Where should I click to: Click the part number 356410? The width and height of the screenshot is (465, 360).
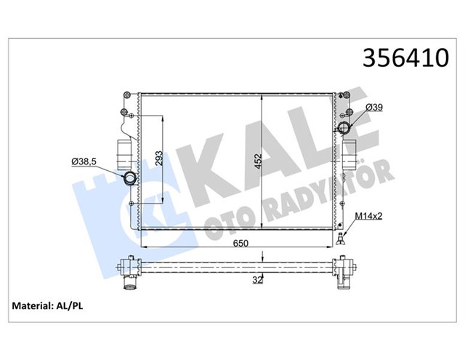click(x=401, y=57)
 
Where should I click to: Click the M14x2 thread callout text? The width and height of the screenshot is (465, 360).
click(x=371, y=217)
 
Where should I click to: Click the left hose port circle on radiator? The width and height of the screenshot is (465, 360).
click(x=129, y=179)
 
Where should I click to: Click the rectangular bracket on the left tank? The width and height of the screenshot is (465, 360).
click(x=120, y=151)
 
